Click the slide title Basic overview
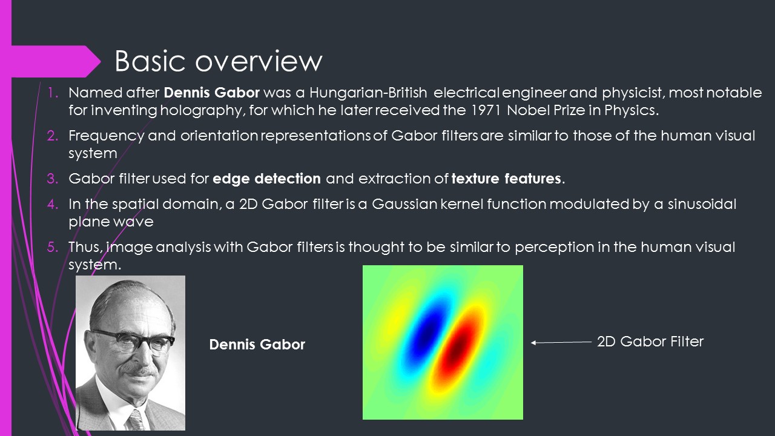218,61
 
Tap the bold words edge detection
267,179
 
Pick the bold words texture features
507,179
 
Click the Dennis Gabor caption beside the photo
257,345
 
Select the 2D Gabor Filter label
650,342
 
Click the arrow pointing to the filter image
561,342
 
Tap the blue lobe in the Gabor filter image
427,327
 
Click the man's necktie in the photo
136,419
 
